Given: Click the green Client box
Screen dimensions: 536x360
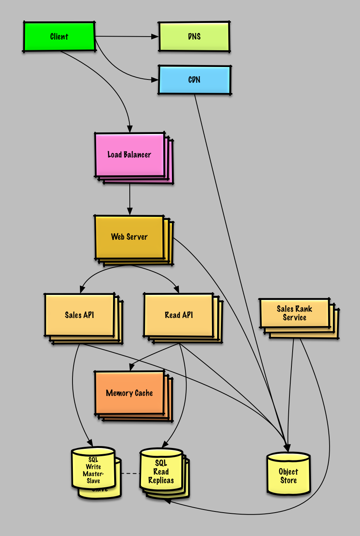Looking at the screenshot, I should coord(59,37).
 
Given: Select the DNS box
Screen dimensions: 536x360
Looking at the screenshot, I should coord(194,37).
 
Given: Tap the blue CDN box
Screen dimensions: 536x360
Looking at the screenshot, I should coord(194,80).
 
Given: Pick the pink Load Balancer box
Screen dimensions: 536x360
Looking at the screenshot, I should coord(129,155).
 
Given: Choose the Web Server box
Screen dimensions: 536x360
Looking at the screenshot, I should coord(129,237).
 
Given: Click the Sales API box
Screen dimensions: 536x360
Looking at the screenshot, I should coord(79,315).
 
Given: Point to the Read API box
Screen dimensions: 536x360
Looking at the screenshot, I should coord(179,315).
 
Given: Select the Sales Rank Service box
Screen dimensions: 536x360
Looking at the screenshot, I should coord(295,313).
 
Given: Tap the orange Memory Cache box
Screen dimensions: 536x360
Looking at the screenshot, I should coord(129,393).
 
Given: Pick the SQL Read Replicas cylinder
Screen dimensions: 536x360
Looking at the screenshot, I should coord(161,471).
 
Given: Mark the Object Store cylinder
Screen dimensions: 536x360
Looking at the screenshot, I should coord(288,475).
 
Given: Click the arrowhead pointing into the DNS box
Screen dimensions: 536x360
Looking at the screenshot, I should coord(155,37).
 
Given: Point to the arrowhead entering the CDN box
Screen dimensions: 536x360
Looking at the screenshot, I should coord(155,80).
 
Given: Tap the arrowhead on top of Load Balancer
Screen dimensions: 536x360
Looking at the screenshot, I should coord(130,129).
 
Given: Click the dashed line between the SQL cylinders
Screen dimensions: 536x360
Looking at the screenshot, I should coord(131,474).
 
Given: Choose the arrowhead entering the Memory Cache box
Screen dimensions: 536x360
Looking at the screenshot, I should coord(132,367).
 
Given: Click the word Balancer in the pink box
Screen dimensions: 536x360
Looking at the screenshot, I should coord(137,155).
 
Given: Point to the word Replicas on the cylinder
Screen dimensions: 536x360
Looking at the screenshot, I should coord(161,480).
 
